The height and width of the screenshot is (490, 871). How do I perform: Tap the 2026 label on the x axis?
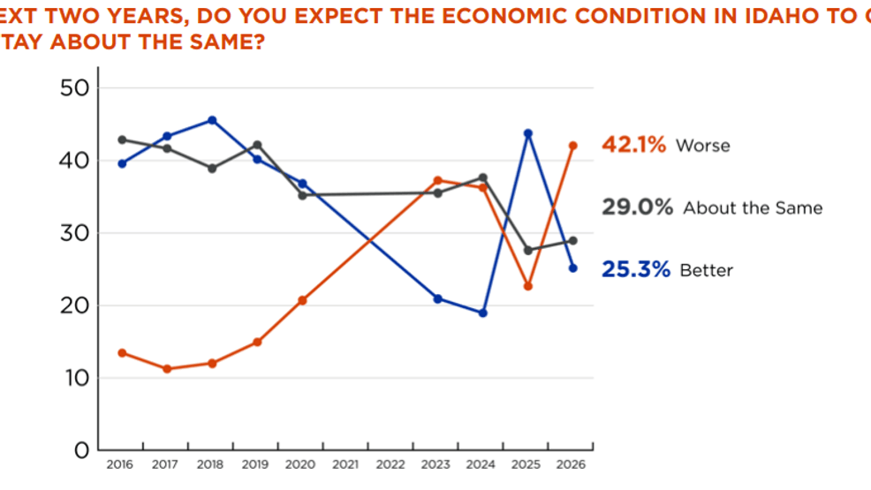(x=572, y=464)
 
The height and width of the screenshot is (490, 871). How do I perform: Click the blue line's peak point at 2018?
(x=212, y=120)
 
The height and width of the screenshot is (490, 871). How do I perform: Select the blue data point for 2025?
(x=528, y=133)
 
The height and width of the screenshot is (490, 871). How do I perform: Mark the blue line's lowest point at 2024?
(x=482, y=313)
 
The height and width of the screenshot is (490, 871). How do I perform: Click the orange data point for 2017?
(x=167, y=369)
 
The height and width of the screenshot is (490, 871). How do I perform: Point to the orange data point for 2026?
(x=572, y=146)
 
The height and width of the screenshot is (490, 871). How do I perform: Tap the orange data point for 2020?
(x=302, y=300)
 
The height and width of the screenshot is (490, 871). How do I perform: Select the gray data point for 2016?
(x=122, y=139)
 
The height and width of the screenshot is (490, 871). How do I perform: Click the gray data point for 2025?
(x=528, y=250)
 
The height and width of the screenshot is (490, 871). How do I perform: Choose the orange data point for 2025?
(x=527, y=286)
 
